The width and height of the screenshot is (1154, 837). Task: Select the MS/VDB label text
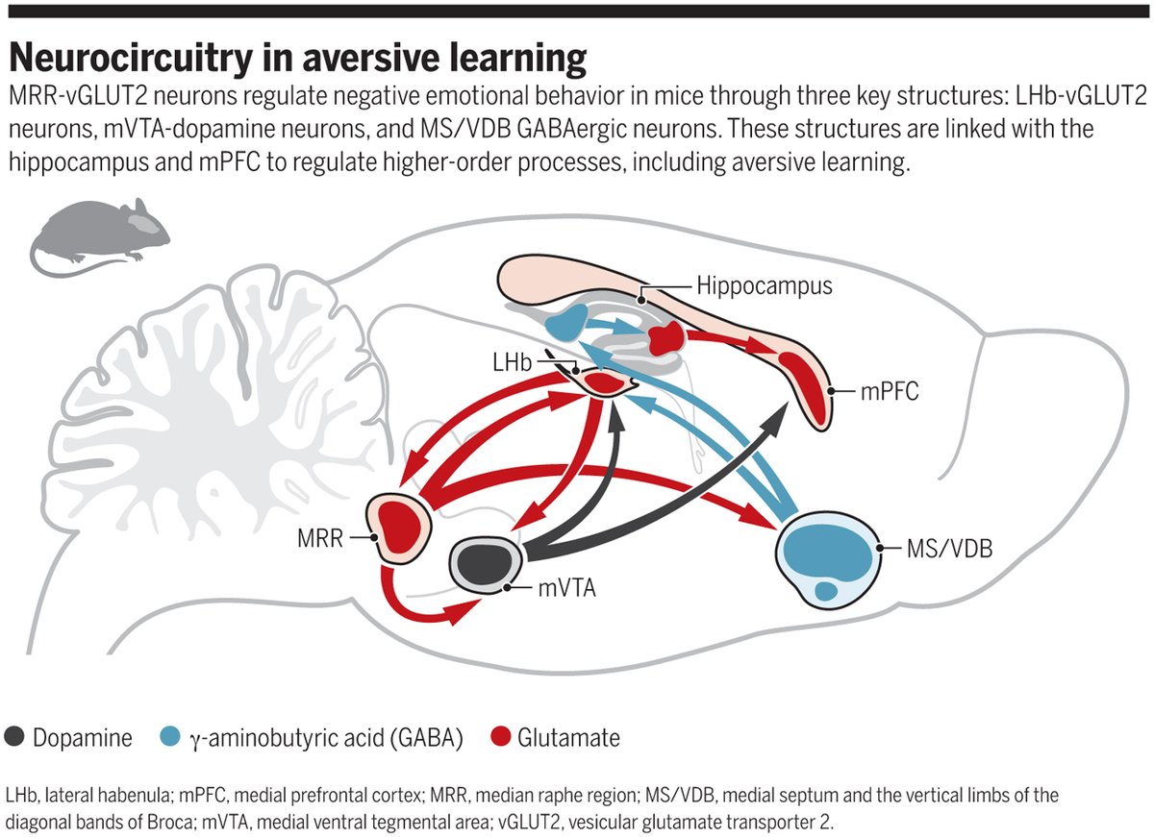949,550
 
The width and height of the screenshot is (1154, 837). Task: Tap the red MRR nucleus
405,525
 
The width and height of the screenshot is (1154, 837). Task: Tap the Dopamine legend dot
15,738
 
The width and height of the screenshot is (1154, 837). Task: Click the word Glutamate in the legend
568,738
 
